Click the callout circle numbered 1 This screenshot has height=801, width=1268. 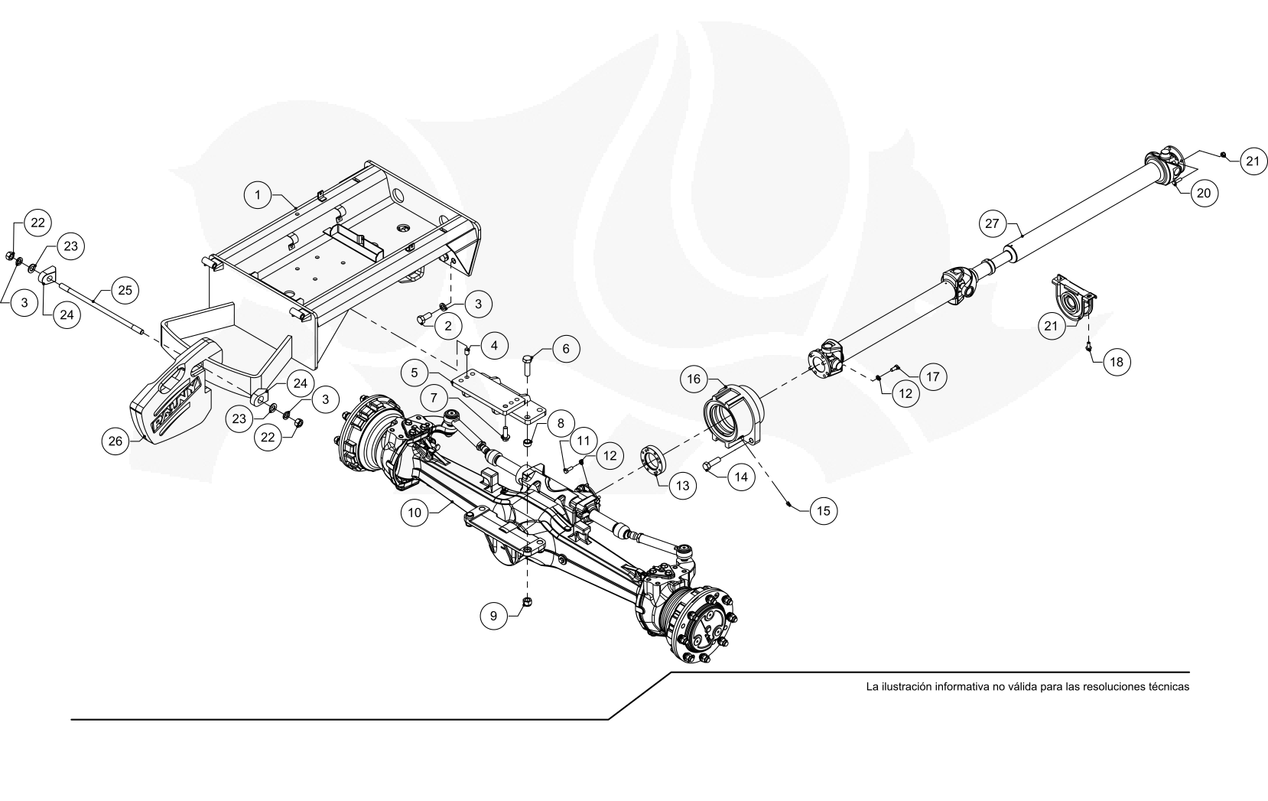point(258,195)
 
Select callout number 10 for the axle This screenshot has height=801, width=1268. point(415,513)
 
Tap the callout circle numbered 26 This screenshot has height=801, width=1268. point(115,441)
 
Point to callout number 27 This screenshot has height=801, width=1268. point(993,223)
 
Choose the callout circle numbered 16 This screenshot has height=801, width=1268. point(694,379)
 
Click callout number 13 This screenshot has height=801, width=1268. point(683,485)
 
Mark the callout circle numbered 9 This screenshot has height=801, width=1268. point(493,616)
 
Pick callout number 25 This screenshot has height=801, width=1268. point(125,291)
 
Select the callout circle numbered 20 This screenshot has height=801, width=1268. point(1204,193)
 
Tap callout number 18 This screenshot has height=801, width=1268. point(1117,361)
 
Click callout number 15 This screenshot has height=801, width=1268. point(823,510)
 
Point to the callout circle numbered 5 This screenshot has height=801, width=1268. point(415,373)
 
